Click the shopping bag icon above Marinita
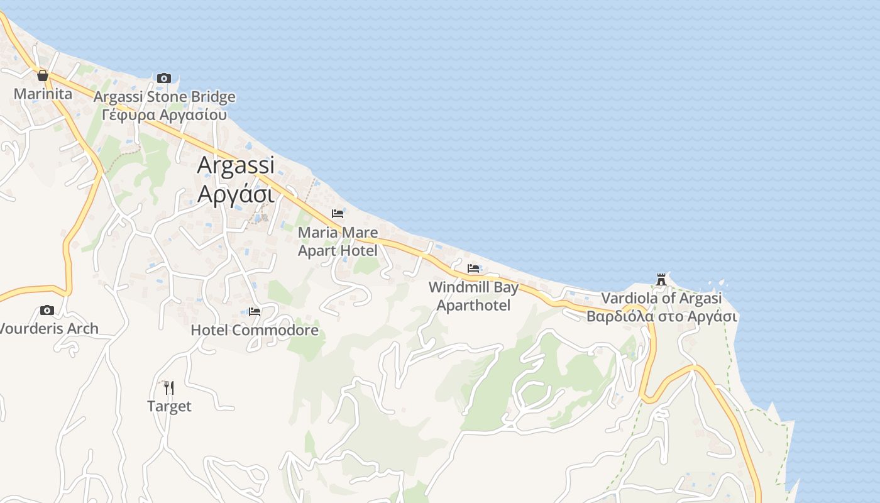pos(43,76)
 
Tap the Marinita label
pos(43,94)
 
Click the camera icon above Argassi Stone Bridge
pos(164,78)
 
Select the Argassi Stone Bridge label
pos(165,97)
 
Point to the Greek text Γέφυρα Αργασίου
pos(165,115)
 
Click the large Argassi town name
pos(236,165)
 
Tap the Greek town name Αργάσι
pos(236,194)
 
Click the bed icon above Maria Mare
pos(338,214)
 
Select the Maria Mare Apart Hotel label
pos(338,241)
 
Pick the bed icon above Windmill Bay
pos(473,268)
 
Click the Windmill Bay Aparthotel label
pos(473,296)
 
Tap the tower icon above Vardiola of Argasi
pos(661,279)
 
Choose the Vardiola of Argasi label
pos(661,298)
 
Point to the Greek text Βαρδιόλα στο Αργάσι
pos(661,316)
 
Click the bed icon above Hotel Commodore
pos(255,311)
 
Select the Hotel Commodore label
pos(255,330)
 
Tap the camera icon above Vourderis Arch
pos(47,310)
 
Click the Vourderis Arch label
pos(49,328)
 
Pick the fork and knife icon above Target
pos(168,387)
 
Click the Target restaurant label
pos(169,406)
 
